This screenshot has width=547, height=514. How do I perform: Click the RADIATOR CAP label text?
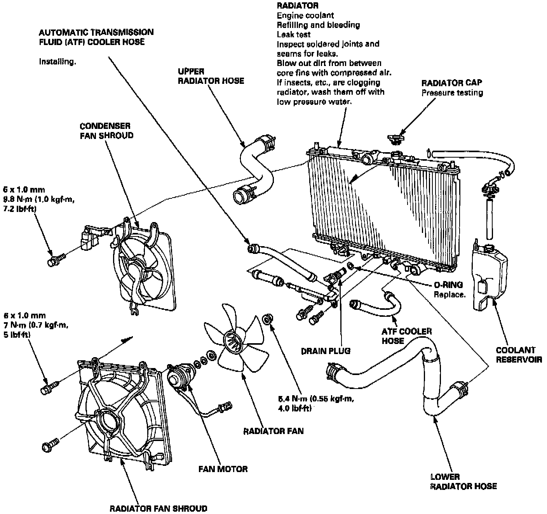452,83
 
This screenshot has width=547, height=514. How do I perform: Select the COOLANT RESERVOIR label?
519,355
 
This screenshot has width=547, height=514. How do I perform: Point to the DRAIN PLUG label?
326,351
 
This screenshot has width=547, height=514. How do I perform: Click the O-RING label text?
449,285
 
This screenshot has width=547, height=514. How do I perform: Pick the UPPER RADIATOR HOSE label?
211,76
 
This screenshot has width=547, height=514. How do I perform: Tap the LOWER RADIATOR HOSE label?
463,481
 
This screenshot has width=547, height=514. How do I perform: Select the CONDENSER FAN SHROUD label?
106,131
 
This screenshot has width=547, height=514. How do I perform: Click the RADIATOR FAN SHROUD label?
158,508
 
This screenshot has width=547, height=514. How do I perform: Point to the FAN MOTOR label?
223,469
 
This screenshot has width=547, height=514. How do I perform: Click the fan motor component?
179,376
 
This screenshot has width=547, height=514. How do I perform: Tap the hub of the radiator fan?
233,342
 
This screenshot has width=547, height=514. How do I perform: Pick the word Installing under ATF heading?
57,61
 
